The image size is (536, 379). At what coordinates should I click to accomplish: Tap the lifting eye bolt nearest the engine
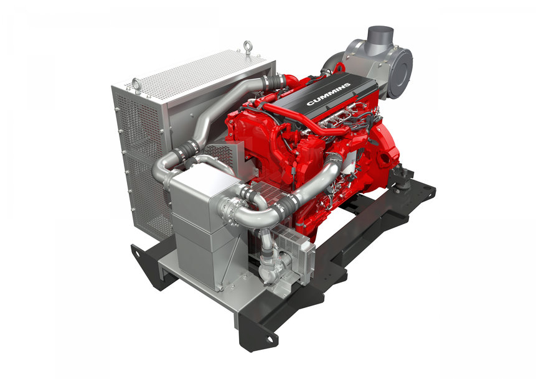click(247, 47)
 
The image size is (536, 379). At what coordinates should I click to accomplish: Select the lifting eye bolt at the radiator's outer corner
click(136, 85)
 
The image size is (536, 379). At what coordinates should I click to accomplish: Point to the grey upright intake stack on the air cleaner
click(380, 37)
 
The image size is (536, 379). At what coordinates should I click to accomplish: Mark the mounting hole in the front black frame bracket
click(270, 339)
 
